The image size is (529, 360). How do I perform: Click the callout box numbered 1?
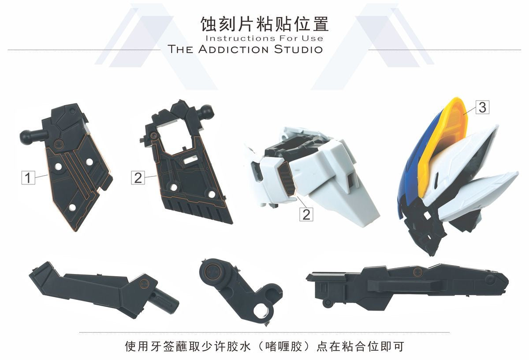(28, 178)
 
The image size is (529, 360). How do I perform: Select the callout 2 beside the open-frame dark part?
(138, 178)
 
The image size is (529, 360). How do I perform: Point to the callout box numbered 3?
(482, 107)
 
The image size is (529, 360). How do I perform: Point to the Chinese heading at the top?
(264, 24)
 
